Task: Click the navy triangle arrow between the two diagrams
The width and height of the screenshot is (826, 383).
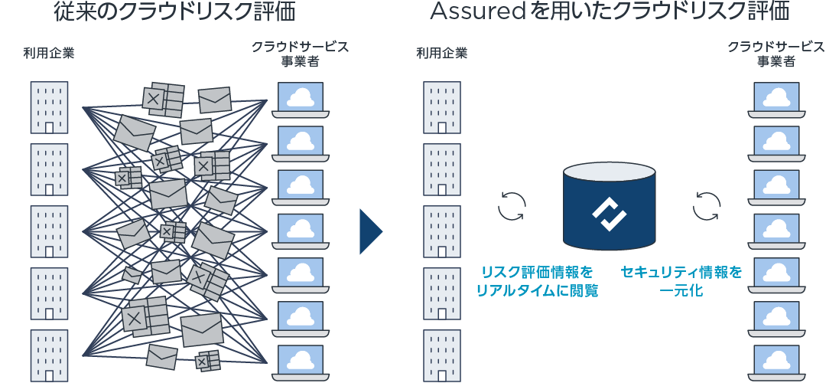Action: click(x=369, y=231)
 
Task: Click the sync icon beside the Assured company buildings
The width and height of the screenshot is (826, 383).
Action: click(x=512, y=205)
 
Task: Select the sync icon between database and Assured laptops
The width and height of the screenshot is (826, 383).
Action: click(x=707, y=205)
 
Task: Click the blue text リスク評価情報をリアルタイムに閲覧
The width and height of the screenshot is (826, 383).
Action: click(x=537, y=281)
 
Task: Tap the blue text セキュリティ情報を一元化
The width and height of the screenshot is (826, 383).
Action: click(x=681, y=281)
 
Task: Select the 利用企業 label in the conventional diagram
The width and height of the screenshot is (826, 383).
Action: click(x=49, y=54)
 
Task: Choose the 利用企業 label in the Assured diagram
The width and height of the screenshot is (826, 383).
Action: click(x=442, y=54)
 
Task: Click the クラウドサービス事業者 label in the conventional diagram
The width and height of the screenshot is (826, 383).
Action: click(x=301, y=54)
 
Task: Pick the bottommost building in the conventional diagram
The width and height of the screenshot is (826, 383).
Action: click(x=49, y=355)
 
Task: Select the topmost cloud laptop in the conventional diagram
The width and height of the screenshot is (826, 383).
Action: click(x=301, y=99)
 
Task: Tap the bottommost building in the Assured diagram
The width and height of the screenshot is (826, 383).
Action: click(x=442, y=355)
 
